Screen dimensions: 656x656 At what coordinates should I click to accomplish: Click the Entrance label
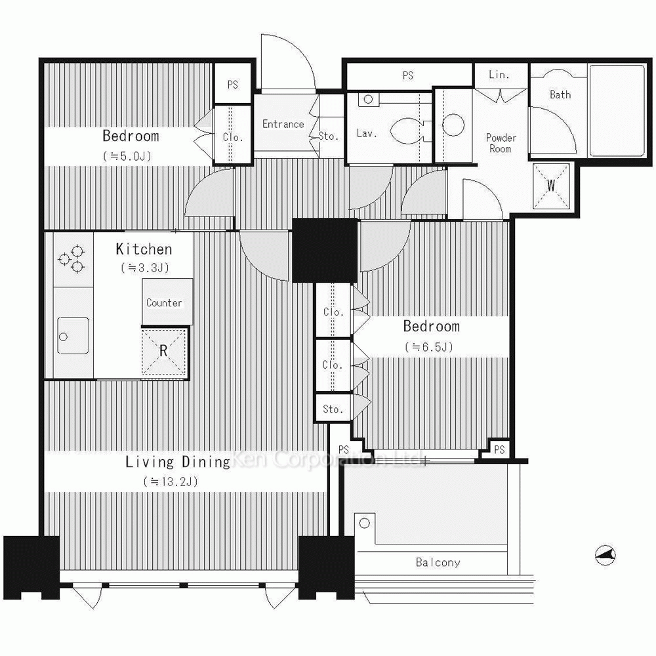[x=283, y=124]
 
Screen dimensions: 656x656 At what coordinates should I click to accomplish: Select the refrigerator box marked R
[x=163, y=352]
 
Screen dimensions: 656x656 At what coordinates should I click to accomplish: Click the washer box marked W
[x=551, y=186]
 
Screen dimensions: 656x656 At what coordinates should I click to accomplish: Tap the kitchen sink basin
[x=73, y=335]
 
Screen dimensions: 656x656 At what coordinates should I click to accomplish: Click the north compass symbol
[x=605, y=555]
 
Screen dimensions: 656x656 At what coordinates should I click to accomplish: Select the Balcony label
[x=438, y=562]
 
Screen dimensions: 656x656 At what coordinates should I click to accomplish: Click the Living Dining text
[x=178, y=462]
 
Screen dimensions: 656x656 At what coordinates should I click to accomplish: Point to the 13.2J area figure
[x=171, y=482]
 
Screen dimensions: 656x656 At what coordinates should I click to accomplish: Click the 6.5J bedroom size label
[x=429, y=347]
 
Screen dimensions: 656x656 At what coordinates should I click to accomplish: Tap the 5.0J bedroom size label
[x=127, y=157]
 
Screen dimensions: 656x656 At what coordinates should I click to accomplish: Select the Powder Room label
[x=501, y=143]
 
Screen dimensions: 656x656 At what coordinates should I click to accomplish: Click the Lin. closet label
[x=499, y=75]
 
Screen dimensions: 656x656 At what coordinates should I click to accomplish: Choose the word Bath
[x=560, y=94]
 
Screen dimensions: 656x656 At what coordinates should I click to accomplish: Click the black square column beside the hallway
[x=325, y=250]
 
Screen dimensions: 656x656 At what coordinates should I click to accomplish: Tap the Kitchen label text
[x=144, y=249]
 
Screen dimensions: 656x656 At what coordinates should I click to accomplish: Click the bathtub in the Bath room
[x=617, y=110]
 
